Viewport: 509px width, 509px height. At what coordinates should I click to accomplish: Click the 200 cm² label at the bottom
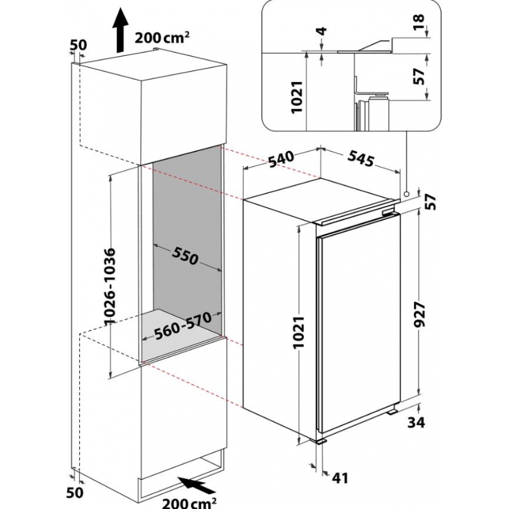189,502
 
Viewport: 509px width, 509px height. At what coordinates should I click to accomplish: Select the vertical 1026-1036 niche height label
111,286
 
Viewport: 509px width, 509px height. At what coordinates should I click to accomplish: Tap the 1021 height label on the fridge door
299,332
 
